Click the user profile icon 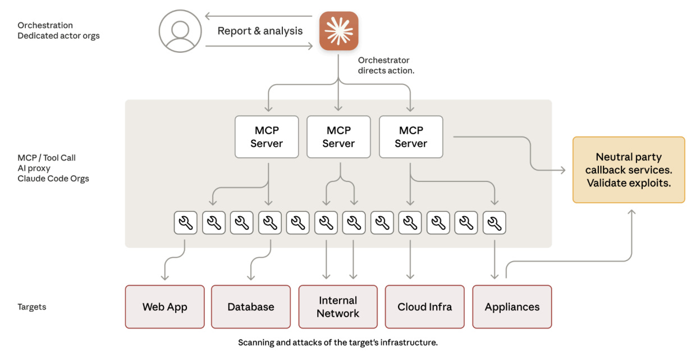click(180, 31)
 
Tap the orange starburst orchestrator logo click(338, 31)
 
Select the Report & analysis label click(260, 31)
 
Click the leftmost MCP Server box click(267, 136)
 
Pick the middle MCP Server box click(338, 136)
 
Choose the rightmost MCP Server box click(411, 136)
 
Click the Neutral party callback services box click(628, 170)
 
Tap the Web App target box click(164, 307)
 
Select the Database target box click(251, 307)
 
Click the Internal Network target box click(337, 307)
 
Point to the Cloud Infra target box click(424, 307)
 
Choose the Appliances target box click(512, 307)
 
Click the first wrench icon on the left click(185, 223)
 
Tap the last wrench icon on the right click(494, 223)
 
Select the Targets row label click(31, 307)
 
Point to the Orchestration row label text click(45, 25)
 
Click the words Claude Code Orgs click(53, 179)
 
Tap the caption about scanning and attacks click(337, 342)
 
